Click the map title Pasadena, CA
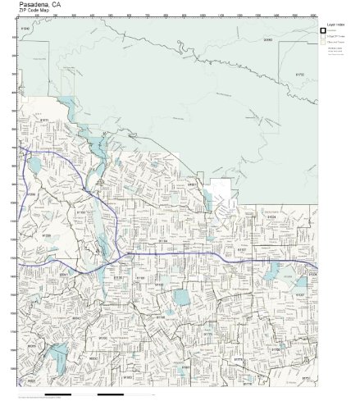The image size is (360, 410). pyautogui.click(x=37, y=4)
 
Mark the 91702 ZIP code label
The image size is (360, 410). pyautogui.click(x=299, y=74)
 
